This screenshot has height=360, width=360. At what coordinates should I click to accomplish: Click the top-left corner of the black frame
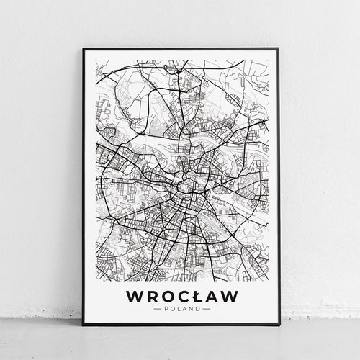click(84, 49)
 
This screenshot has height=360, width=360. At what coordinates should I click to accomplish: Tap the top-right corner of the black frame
click(278, 49)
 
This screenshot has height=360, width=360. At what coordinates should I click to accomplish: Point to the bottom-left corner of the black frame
click(84, 325)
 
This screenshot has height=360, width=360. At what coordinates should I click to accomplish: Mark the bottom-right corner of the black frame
click(278, 325)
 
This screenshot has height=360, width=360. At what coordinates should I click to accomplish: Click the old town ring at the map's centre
click(186, 189)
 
